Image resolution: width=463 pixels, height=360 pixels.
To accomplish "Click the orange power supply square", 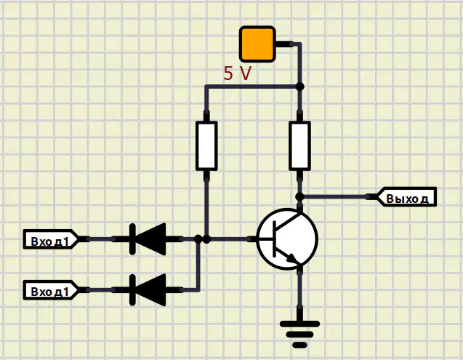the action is click(257, 44).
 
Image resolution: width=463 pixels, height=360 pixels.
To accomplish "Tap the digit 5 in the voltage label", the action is click(228, 73).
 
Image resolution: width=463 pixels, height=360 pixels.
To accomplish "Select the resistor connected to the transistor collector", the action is click(299, 145).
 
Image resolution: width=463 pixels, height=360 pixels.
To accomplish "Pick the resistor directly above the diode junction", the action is click(206, 145).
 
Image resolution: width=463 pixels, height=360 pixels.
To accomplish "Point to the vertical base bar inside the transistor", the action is click(274, 239).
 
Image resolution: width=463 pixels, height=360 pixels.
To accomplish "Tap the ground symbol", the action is click(299, 334).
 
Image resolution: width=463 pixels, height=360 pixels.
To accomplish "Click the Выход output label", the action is click(406, 196).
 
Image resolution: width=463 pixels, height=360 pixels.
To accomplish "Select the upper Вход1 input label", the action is click(51, 239).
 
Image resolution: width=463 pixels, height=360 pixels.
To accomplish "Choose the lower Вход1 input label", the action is click(51, 290).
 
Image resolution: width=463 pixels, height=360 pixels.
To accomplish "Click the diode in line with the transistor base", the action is click(148, 239).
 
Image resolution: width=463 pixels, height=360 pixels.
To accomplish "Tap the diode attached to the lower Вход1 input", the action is click(148, 290).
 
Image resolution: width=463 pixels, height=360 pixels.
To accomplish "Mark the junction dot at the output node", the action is click(299, 196).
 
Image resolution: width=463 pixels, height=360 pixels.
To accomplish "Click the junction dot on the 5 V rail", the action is click(299, 87).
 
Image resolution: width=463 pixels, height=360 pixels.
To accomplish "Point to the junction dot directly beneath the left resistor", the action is click(206, 239).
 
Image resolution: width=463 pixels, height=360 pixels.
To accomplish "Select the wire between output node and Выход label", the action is click(335, 196).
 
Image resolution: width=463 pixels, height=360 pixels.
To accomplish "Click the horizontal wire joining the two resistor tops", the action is click(252, 87).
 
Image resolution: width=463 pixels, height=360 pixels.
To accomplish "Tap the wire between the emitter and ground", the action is click(300, 291).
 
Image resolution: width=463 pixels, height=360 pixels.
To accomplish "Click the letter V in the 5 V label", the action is click(245, 73).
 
